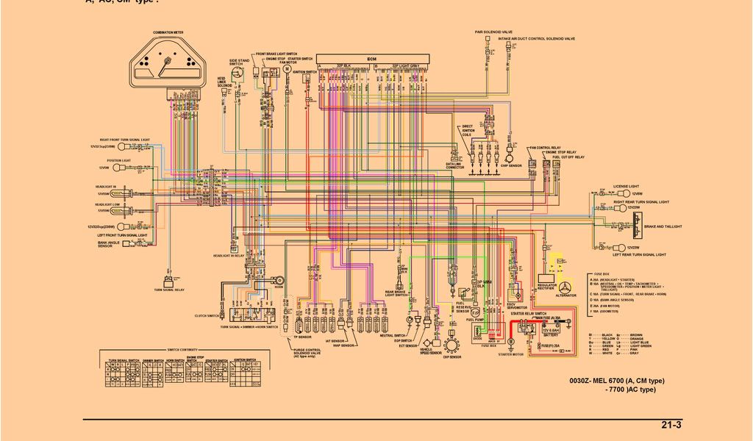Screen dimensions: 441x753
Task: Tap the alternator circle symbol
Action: [x=565, y=287]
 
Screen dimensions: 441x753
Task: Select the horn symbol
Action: [x=279, y=279]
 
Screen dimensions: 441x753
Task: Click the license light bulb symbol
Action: [x=617, y=193]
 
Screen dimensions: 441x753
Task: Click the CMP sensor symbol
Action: [x=506, y=156]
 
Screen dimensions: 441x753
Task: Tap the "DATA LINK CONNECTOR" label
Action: [x=455, y=166]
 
